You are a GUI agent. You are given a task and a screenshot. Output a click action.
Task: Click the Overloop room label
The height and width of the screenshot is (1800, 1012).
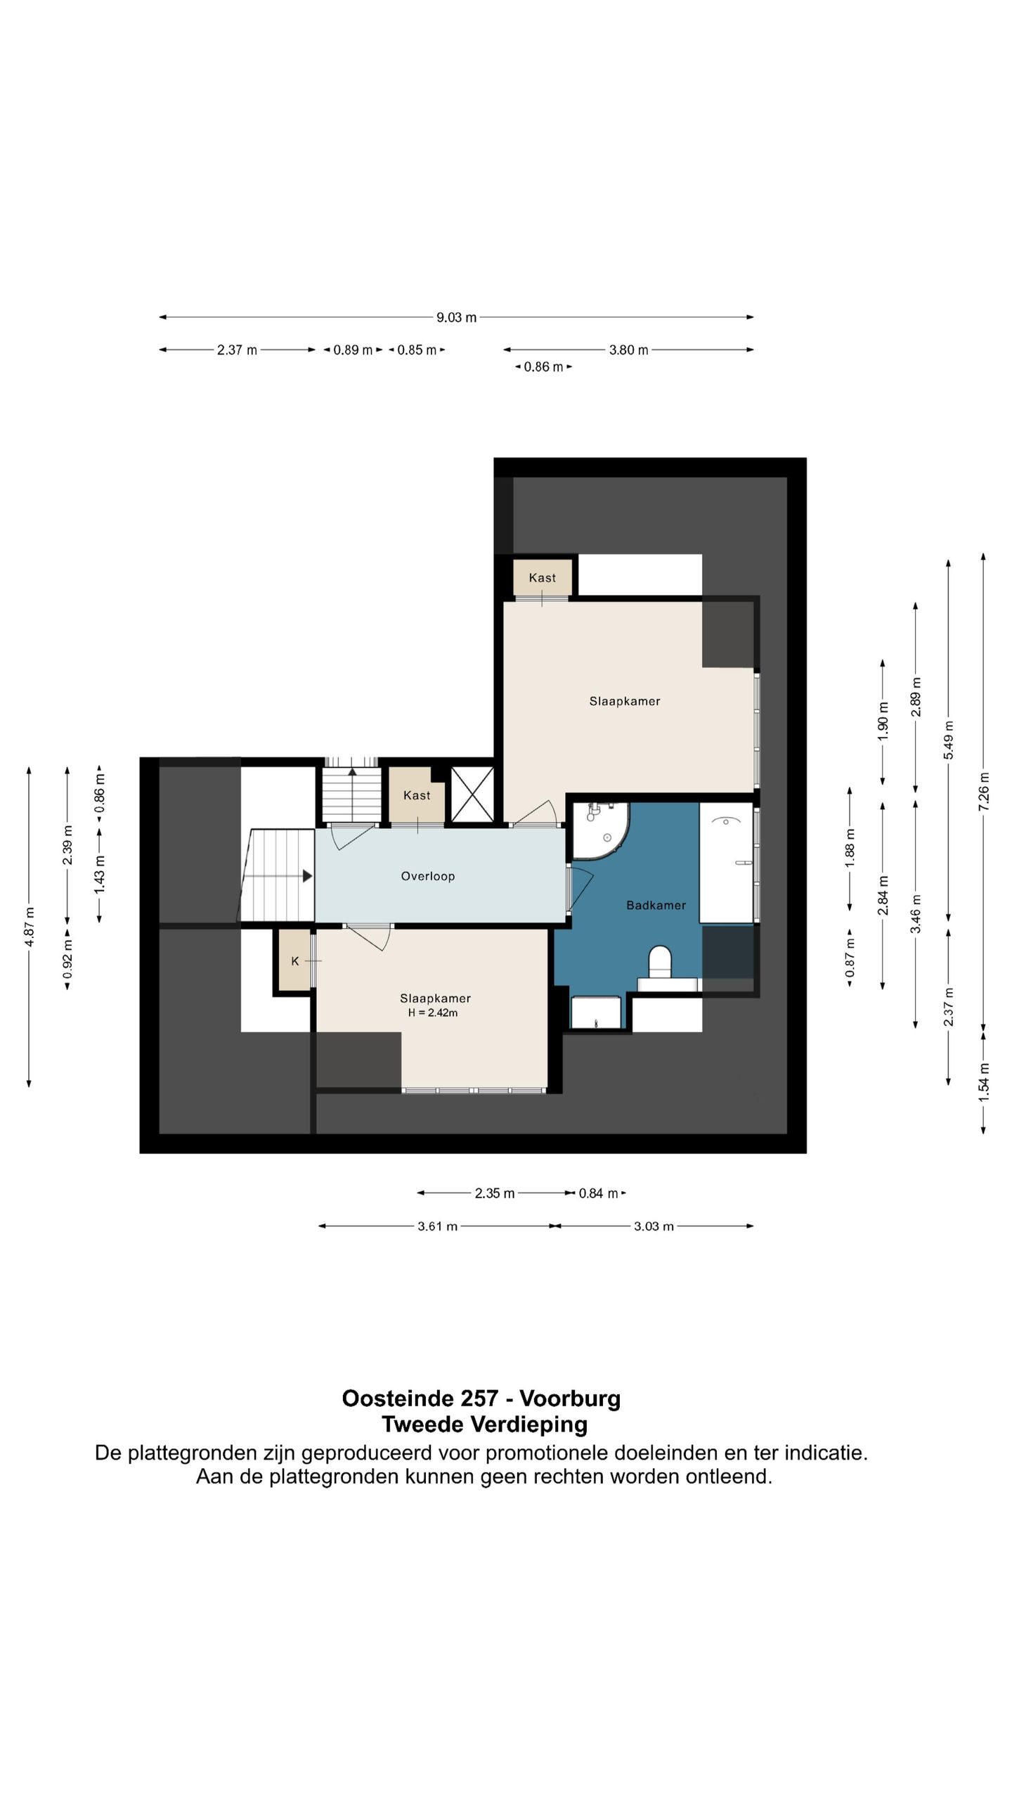pos(428,876)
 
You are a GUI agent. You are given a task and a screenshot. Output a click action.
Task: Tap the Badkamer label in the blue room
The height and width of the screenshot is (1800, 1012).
pos(656,905)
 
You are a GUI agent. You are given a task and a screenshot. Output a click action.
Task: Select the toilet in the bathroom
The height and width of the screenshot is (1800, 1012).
pos(660,962)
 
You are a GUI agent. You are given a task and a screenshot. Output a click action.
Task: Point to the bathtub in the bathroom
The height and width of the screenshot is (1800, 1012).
pos(726,863)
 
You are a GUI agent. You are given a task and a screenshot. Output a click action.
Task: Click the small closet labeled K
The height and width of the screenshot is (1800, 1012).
pos(295,960)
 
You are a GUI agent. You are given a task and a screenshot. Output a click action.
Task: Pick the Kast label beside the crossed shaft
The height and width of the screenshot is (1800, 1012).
pos(417,795)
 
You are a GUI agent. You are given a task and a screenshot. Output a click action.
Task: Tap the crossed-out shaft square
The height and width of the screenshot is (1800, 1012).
pos(472,794)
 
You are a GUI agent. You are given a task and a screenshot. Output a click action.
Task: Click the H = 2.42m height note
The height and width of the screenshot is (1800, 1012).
pos(433,1012)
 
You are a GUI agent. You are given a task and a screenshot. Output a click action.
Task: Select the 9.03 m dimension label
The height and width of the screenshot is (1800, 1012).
pos(456,317)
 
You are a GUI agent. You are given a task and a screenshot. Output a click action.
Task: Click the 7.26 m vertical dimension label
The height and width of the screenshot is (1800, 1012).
pos(983,791)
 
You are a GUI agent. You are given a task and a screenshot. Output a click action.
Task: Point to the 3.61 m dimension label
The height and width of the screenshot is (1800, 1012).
pos(437,1226)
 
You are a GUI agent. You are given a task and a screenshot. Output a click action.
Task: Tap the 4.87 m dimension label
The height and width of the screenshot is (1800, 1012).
pos(30,927)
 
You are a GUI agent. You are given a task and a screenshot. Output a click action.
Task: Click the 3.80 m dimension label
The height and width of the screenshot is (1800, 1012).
pos(628,349)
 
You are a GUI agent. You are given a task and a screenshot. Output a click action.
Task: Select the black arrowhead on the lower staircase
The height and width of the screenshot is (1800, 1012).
pos(307,876)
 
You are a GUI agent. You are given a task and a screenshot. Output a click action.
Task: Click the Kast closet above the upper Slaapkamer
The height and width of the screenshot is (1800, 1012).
pos(542,577)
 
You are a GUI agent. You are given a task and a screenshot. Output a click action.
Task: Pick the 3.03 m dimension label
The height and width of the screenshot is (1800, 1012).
pos(654,1226)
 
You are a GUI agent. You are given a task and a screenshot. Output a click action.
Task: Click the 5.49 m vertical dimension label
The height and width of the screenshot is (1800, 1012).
pos(948,740)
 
